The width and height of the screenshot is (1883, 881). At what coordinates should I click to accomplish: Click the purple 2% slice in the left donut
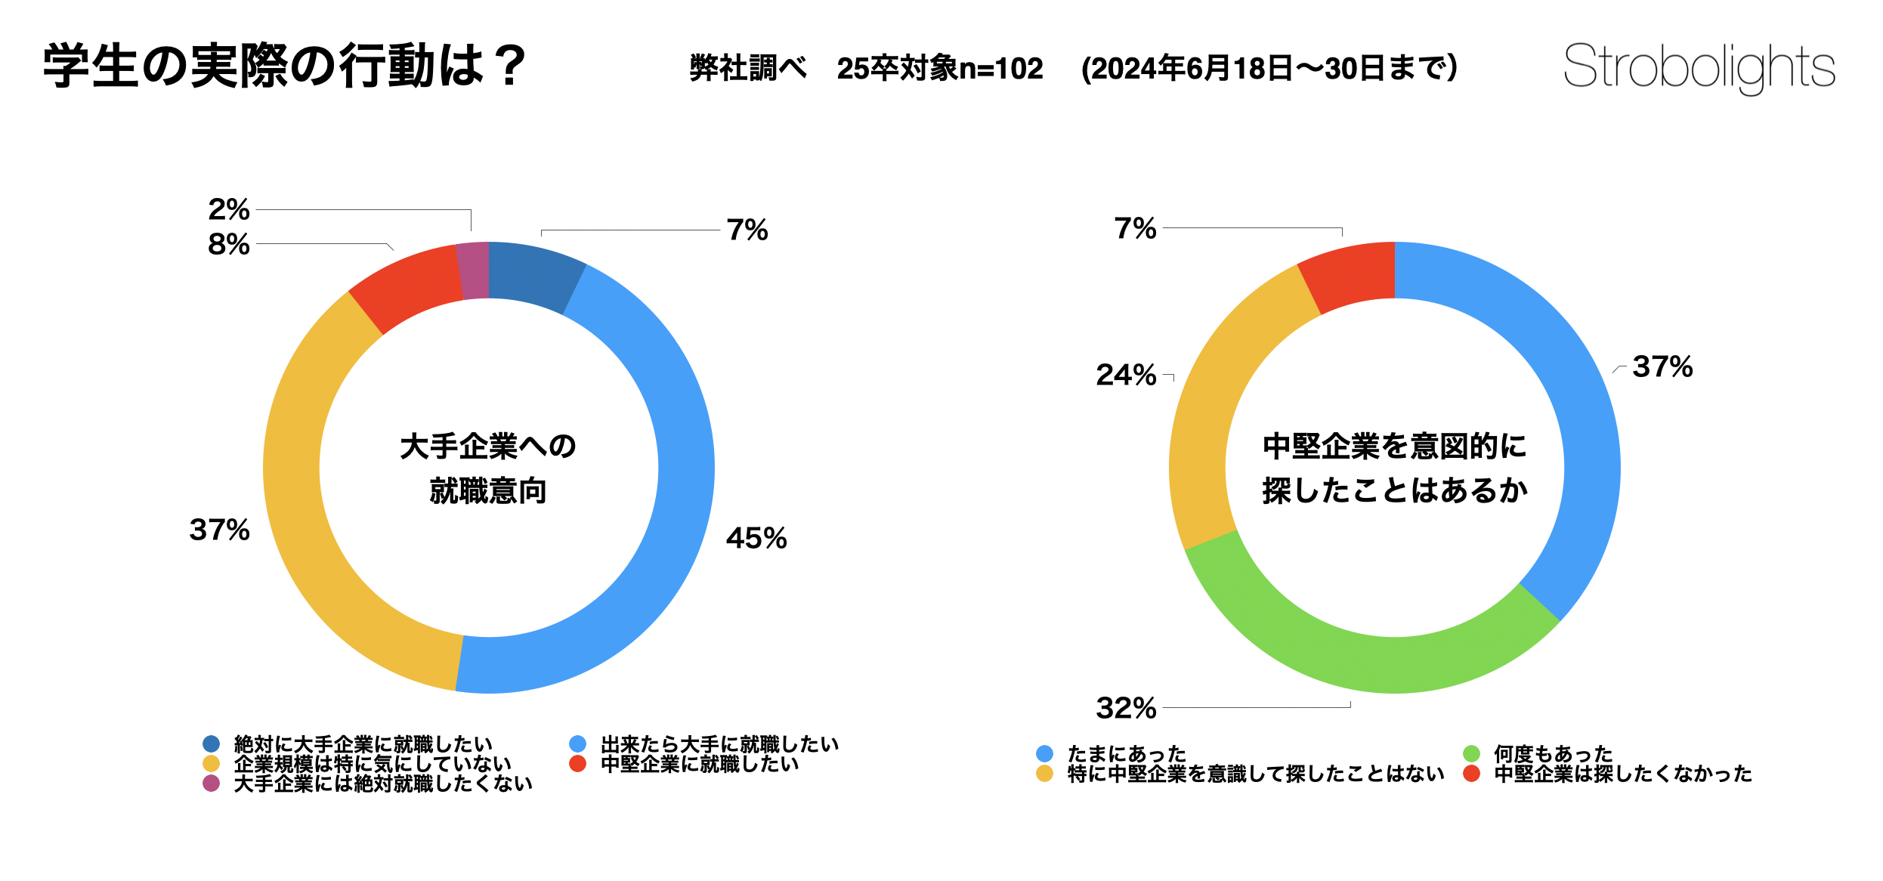coord(474,270)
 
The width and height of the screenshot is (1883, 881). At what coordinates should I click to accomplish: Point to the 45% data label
coord(756,539)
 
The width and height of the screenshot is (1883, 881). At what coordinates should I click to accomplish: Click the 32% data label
coord(1126,709)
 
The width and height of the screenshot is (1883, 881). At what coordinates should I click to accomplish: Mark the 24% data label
coord(1126,375)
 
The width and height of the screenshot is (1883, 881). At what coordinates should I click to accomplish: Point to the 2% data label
coord(228,209)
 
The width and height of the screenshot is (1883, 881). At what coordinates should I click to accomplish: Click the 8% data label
coord(228,244)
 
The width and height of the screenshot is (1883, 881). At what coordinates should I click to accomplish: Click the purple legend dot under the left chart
coord(212,784)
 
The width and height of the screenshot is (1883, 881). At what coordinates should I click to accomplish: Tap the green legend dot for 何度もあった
coord(1471,753)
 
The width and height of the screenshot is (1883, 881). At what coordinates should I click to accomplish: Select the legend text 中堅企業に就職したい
coord(700,764)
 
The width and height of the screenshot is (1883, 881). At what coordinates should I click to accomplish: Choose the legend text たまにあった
coord(1127,753)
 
